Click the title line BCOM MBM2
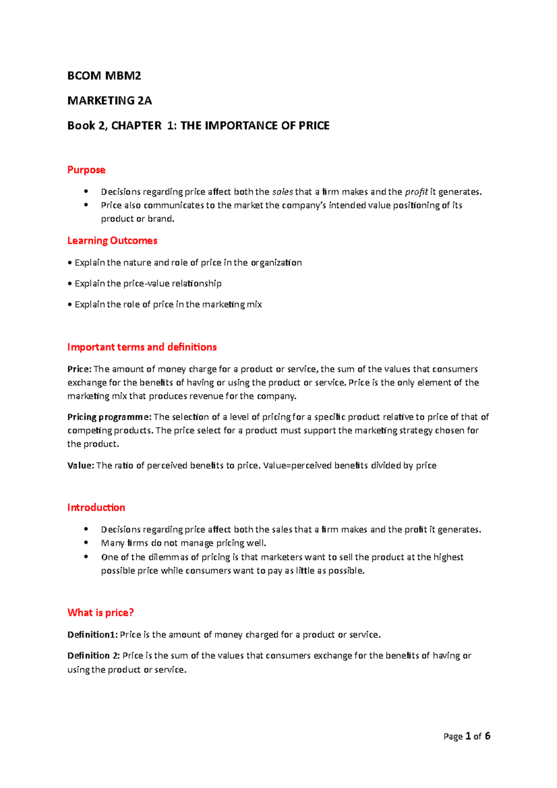point(104,76)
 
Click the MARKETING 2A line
point(110,101)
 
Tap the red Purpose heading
point(86,170)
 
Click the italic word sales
point(282,192)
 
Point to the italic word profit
point(416,192)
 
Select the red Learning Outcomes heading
point(112,240)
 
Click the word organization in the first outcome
point(276,263)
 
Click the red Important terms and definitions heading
point(142,347)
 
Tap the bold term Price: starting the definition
point(79,369)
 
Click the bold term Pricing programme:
point(109,417)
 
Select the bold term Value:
point(81,465)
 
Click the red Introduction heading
point(96,508)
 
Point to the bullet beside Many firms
point(86,543)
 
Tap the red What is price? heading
point(100,613)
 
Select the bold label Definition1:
point(92,635)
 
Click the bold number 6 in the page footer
point(487,736)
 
